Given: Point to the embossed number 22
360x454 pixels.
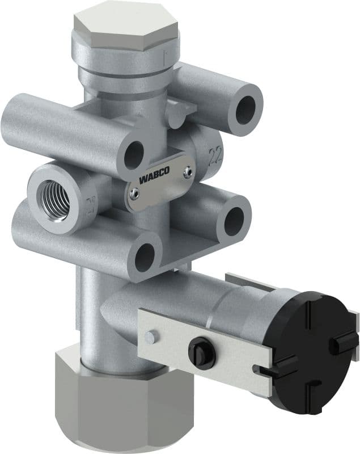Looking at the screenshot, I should coord(215,155).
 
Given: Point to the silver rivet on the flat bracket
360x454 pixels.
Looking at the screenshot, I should coord(150,337).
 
